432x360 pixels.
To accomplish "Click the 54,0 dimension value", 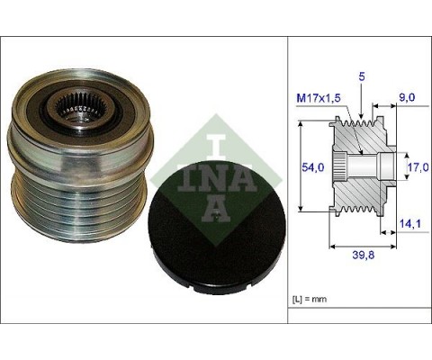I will [310, 166].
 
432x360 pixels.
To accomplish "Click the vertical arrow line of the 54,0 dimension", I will [296, 166].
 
